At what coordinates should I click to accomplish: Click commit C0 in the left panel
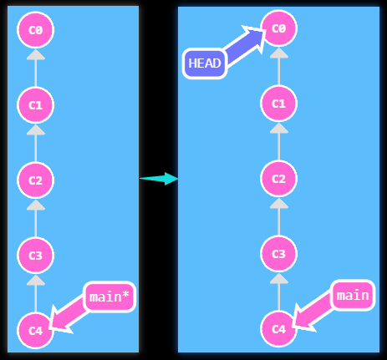[35, 30]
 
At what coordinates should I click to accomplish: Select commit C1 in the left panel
[35, 105]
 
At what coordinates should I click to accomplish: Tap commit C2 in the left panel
[35, 180]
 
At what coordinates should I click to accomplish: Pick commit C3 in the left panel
[35, 256]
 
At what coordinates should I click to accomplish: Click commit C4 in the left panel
[35, 331]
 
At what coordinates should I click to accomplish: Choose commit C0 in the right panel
[279, 28]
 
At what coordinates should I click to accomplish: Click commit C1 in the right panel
[279, 104]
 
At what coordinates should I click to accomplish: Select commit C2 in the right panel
[279, 179]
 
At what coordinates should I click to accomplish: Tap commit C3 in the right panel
[279, 254]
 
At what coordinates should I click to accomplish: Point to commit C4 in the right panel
[279, 329]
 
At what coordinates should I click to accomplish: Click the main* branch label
[109, 297]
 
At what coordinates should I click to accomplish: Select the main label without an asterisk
[352, 295]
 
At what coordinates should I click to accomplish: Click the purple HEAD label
[205, 63]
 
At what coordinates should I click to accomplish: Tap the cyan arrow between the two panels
[159, 178]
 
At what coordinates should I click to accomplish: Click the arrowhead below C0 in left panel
[35, 55]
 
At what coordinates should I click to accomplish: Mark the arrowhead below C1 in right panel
[279, 129]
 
